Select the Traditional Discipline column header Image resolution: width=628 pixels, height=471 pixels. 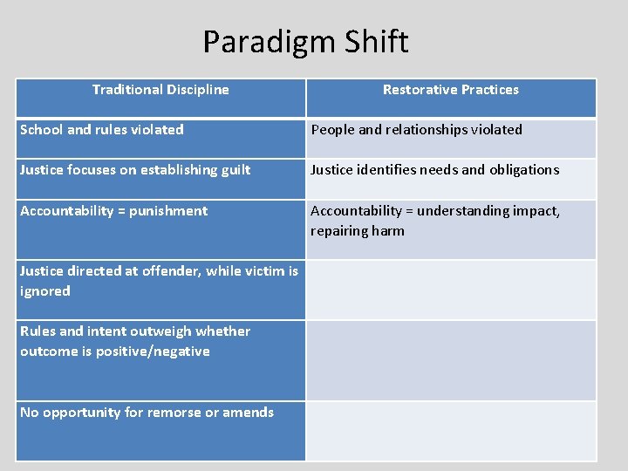[x=160, y=90]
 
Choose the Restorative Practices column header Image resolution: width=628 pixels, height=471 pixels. [x=450, y=90]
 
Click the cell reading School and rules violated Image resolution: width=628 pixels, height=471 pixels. [x=102, y=130]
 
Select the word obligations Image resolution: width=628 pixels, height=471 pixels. [x=521, y=170]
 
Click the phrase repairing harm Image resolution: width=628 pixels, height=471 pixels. [x=358, y=231]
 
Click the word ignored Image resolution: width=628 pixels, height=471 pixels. [x=45, y=291]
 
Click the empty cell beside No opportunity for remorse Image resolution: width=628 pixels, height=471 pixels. [x=450, y=431]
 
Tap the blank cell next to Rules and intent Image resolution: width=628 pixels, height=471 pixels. [x=450, y=360]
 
